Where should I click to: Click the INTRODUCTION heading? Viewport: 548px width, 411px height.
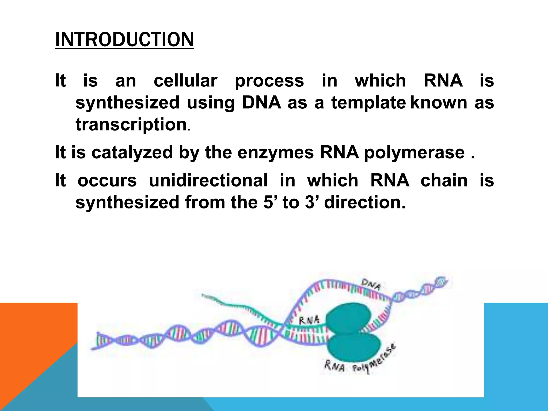(x=124, y=40)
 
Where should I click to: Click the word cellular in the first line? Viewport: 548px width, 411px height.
(x=185, y=81)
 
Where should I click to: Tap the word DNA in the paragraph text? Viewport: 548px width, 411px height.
(x=261, y=102)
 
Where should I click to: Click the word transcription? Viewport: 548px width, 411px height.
(x=131, y=125)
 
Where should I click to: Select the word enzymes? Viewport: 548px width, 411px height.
(x=275, y=153)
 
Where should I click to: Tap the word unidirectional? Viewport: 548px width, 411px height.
(x=208, y=180)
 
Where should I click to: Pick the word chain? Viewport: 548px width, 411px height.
(x=444, y=180)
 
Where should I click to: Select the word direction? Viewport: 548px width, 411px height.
(x=365, y=202)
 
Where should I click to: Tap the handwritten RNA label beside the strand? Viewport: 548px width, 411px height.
(x=309, y=320)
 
